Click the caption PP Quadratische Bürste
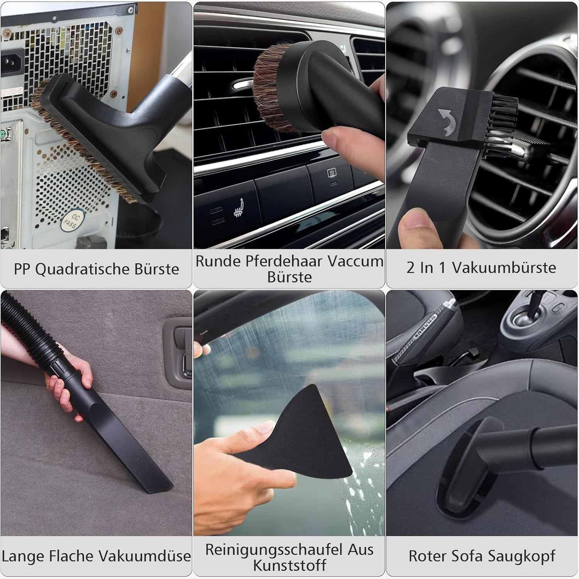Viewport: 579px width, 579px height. pos(96,269)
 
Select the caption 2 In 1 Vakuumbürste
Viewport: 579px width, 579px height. pos(481,267)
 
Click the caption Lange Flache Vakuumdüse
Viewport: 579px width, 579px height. pos(96,556)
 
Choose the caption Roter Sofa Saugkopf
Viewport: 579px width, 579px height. pos(482,556)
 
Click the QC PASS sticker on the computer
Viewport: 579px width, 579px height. pos(72,221)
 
